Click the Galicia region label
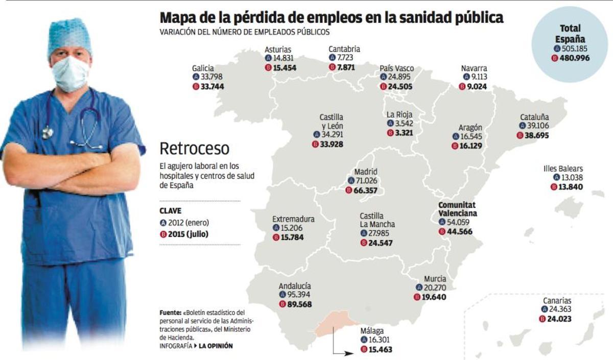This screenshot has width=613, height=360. pyautogui.click(x=203, y=67)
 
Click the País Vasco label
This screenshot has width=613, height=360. pyautogui.click(x=396, y=68)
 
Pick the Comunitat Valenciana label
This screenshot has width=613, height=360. pyautogui.click(x=458, y=209)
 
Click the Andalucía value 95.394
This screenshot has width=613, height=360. pyautogui.click(x=298, y=295)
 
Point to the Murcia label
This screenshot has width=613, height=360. pyautogui.click(x=435, y=279)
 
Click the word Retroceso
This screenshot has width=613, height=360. pyautogui.click(x=195, y=149)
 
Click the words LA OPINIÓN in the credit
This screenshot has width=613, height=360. pyautogui.click(x=215, y=346)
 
